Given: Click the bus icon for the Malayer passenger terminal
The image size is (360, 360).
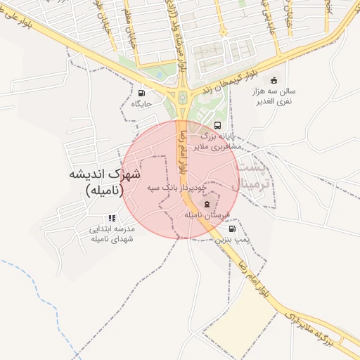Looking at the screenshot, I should (216, 126).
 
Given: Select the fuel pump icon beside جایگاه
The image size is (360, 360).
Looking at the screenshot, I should (143, 93).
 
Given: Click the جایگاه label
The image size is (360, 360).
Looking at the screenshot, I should (141, 104).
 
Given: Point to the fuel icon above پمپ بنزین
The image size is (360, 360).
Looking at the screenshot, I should (232, 229).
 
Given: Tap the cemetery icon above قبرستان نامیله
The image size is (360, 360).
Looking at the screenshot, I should (206, 205).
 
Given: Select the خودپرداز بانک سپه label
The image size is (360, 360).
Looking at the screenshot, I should (177, 188).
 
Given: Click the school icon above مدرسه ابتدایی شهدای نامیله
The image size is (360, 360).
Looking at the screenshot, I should (112, 218).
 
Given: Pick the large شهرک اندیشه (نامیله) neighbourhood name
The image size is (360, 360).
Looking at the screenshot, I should (105, 181).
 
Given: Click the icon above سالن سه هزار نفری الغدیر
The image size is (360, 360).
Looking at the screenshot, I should (274, 79).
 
